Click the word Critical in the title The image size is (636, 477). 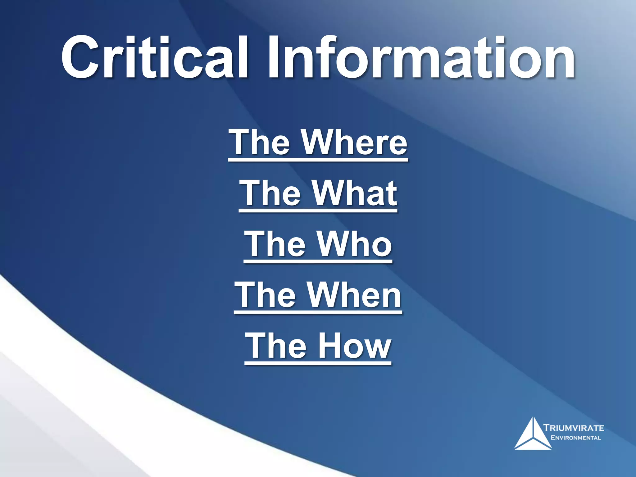[154, 57]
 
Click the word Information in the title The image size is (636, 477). [421, 57]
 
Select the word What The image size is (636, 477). [354, 193]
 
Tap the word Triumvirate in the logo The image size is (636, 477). [574, 428]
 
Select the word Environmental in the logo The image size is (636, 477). [575, 438]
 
